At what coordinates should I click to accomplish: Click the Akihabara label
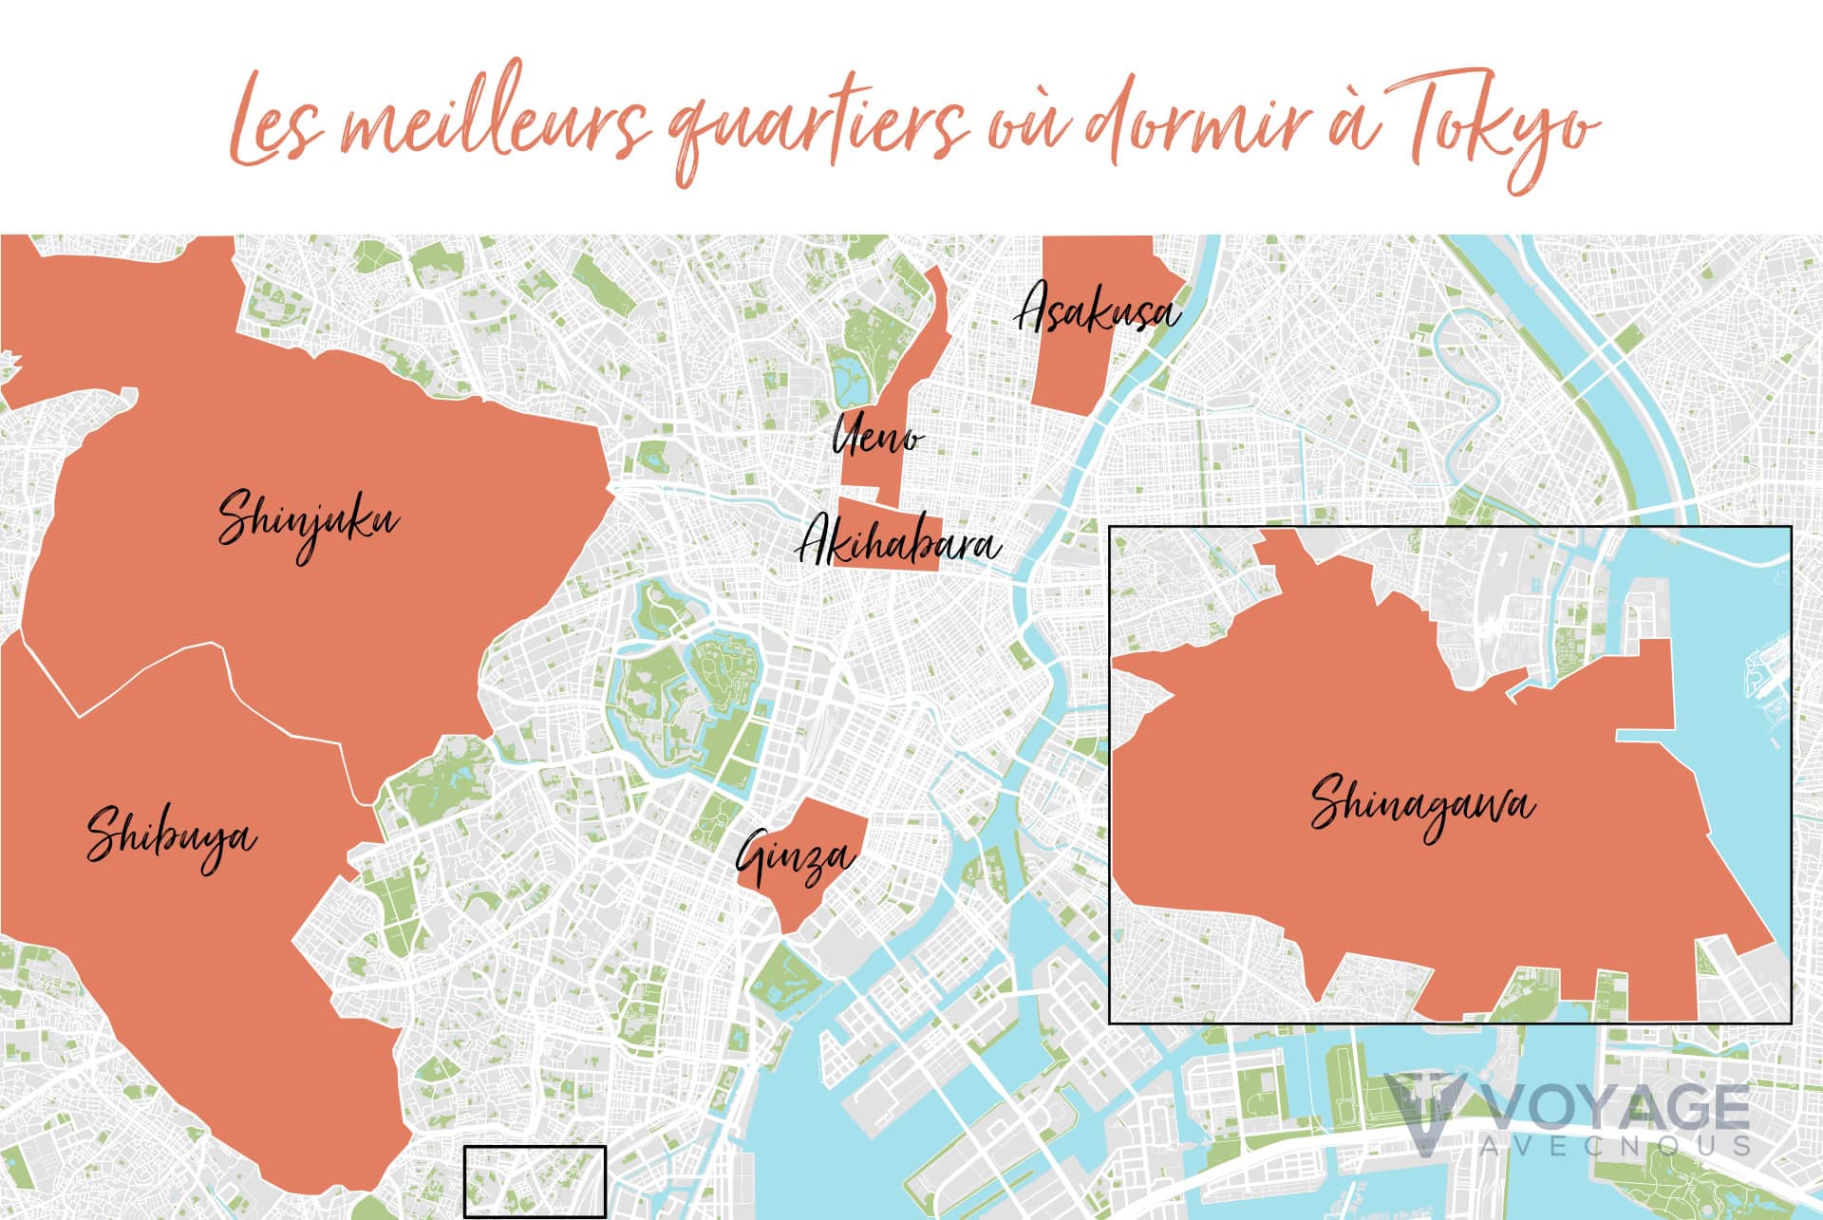[x=897, y=544]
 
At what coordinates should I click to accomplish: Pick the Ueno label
[x=875, y=436]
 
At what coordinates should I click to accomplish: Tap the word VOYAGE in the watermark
[x=1614, y=1108]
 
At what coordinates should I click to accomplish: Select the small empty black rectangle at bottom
[x=535, y=1181]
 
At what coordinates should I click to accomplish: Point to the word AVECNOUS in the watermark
[x=1614, y=1145]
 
